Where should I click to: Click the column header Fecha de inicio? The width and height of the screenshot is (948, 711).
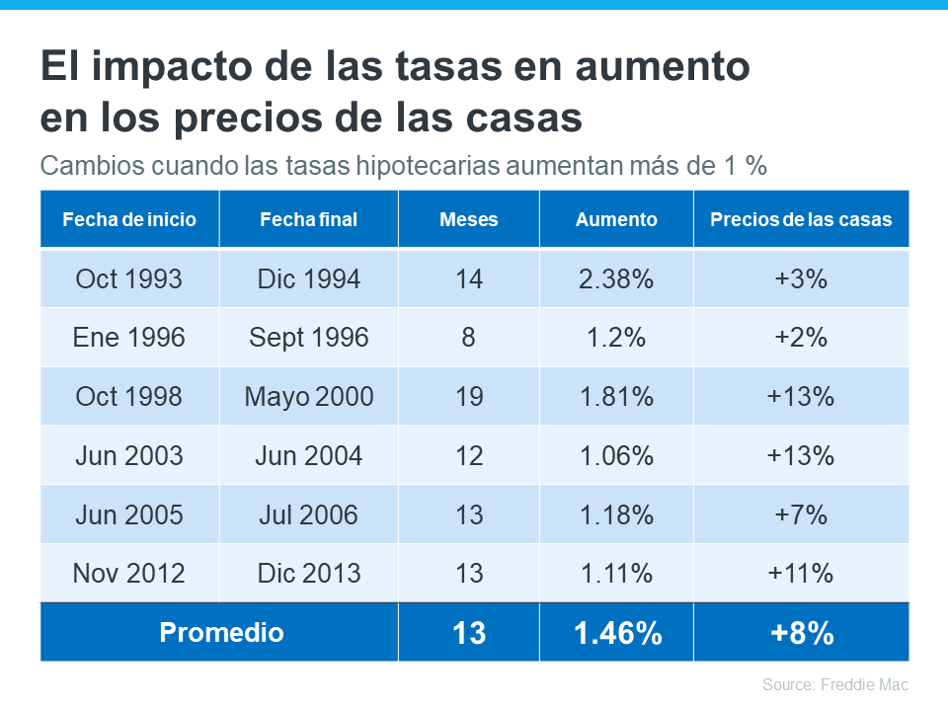(129, 219)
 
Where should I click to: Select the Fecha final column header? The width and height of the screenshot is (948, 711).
(308, 219)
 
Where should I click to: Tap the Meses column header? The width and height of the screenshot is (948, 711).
(468, 219)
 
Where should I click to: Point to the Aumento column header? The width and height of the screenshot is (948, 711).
(616, 219)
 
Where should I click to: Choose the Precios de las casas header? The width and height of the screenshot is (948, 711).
(801, 219)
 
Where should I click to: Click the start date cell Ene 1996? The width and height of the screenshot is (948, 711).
(129, 338)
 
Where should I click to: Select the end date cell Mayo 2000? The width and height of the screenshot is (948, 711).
(308, 397)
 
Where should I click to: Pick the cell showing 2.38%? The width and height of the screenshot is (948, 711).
(616, 278)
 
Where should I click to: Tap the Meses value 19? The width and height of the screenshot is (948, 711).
(468, 397)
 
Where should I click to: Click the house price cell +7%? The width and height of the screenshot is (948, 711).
(801, 514)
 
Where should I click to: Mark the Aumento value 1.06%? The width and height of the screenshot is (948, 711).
(616, 456)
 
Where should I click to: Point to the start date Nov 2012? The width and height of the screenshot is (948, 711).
(129, 573)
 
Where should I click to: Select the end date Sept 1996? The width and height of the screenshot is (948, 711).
(308, 338)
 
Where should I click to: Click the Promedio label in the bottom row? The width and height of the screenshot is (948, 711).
(221, 632)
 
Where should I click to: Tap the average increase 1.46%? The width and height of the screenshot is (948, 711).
(616, 633)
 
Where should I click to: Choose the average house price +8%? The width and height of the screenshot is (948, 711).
(801, 633)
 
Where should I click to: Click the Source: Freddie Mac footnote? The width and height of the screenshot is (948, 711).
(834, 684)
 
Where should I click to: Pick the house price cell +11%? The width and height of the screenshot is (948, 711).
(801, 573)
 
